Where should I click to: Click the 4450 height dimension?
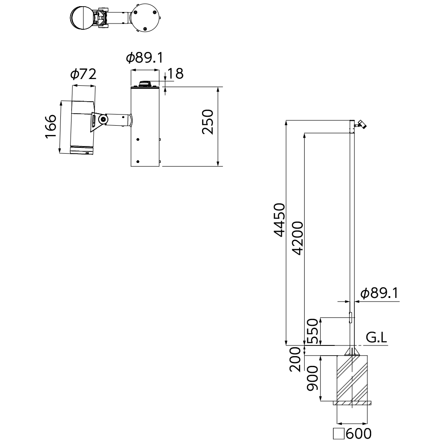point(279,220)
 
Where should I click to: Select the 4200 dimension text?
point(297,238)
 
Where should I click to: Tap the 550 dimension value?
point(313,331)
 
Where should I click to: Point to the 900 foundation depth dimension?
point(313,378)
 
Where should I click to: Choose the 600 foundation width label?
point(358,433)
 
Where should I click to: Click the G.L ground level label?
point(377,337)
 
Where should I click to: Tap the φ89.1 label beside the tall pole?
point(379,293)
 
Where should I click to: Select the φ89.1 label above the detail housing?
point(145,58)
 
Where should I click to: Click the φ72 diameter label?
point(83,74)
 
